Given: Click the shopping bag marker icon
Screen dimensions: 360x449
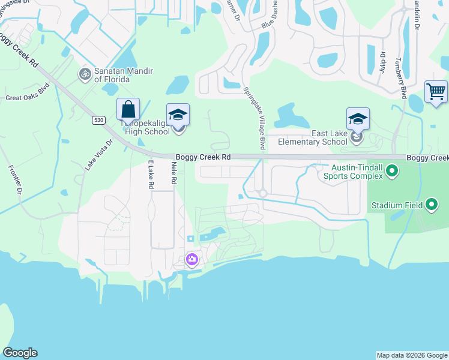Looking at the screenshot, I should [x=128, y=110].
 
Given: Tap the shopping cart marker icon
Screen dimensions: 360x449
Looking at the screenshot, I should [x=436, y=92].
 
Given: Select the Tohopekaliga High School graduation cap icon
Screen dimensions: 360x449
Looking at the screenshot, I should [x=178, y=115].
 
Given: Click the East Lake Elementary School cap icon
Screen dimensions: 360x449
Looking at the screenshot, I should [x=358, y=118].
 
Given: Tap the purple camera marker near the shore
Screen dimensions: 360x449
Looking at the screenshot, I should [x=193, y=259].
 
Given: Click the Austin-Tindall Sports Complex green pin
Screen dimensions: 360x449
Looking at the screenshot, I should [x=392, y=172].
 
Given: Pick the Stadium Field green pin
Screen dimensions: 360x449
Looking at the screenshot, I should [x=432, y=205].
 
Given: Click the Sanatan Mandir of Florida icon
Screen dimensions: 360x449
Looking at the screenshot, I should [x=85, y=74].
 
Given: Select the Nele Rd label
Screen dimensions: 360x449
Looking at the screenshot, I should [x=174, y=173].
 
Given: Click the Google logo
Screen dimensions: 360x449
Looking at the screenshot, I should [x=20, y=353].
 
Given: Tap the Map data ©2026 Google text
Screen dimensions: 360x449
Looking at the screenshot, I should [x=412, y=355].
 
